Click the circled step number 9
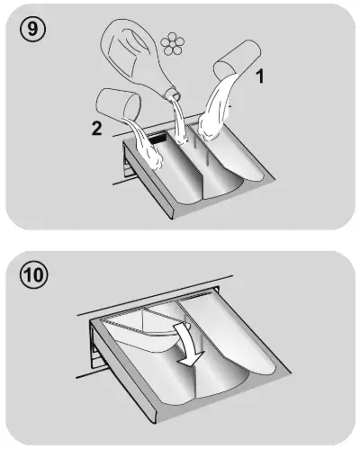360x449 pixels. click(x=32, y=29)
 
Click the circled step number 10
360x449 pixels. click(x=33, y=274)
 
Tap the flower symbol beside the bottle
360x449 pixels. click(x=172, y=44)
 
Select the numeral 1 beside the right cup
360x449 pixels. click(x=259, y=76)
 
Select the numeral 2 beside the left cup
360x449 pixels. click(x=96, y=128)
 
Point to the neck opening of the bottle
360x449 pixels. click(x=173, y=95)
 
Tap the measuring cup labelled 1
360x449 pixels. click(x=238, y=58)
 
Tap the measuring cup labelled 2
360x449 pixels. click(x=118, y=103)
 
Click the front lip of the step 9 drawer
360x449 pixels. click(x=148, y=181)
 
